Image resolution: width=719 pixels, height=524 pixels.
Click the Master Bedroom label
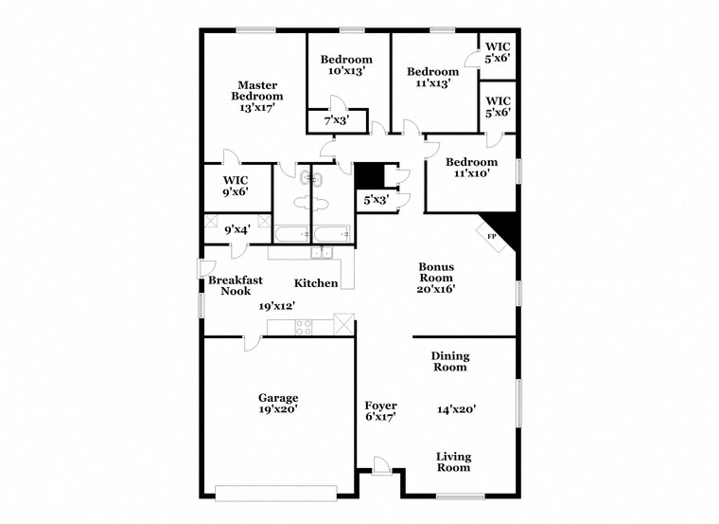(257, 90)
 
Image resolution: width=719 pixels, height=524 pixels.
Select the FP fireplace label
(491, 235)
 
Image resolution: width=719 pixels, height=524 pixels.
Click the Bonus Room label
(437, 272)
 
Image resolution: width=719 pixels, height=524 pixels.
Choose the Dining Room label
(450, 361)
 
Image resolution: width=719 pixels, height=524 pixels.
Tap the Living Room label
(453, 461)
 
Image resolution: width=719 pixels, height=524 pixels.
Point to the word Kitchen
(316, 283)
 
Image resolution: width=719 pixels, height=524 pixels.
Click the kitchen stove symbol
(304, 327)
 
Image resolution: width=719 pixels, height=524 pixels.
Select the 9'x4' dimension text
(237, 228)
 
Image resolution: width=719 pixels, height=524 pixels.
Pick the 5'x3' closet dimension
(376, 199)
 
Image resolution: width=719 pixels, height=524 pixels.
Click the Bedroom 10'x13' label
(346, 64)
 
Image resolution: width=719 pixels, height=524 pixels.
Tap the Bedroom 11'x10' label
(471, 168)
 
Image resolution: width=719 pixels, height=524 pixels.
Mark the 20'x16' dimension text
(437, 289)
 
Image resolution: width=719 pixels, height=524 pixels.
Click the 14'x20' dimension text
(456, 410)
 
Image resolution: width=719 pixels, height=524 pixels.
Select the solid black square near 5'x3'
(368, 176)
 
